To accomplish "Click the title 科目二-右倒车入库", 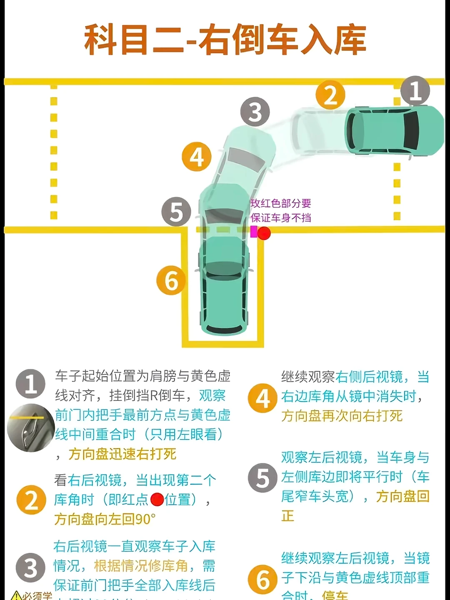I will pos(225,40).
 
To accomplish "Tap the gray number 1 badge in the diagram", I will pos(415,91).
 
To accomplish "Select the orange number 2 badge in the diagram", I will pos(330,95).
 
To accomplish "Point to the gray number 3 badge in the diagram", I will pos(255,112).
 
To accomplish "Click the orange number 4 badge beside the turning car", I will pos(197,157).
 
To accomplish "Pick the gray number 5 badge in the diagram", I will pos(176,212).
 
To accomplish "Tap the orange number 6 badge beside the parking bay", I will pos(171,280).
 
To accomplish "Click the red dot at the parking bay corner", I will pos(264,233).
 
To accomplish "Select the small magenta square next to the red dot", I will pos(253,232).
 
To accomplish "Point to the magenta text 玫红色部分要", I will pos(281,203).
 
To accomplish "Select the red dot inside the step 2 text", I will pos(157,499).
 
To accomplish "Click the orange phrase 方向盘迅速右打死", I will pos(122,454).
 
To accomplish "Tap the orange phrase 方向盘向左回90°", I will pos(105,519).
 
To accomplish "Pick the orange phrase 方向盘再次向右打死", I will pos(342,416).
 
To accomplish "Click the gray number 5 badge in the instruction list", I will pos(262,478).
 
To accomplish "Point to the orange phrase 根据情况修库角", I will pos(141,566).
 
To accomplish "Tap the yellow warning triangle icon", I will pos(16,595).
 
